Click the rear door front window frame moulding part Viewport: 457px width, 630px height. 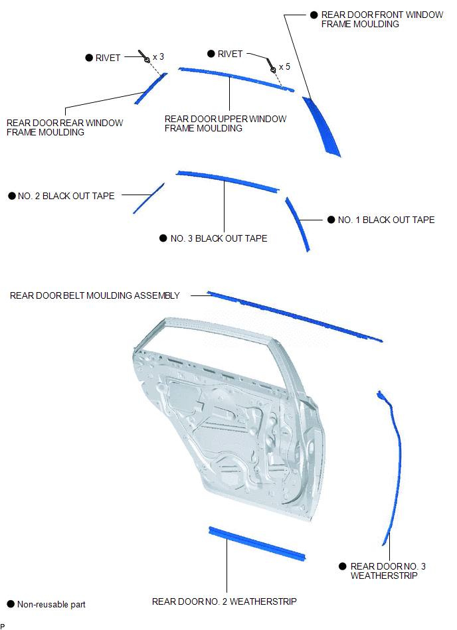[321, 127]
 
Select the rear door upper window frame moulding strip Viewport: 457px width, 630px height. [236, 78]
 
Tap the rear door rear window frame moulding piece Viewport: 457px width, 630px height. [151, 88]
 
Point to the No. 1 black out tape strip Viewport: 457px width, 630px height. [298, 224]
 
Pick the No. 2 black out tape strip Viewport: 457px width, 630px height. [149, 198]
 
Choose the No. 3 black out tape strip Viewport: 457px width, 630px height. [227, 181]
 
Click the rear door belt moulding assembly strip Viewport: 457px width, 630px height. [295, 316]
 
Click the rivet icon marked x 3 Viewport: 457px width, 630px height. [144, 56]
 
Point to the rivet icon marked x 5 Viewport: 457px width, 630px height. [271, 66]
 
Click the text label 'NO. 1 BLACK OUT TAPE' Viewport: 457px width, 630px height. [387, 220]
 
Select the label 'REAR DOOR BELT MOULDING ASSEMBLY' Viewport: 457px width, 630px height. [95, 295]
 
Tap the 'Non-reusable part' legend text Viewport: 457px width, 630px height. [51, 604]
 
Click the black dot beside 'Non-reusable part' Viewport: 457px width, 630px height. [11, 604]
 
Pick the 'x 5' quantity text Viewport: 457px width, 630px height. [284, 66]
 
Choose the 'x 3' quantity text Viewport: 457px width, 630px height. [158, 57]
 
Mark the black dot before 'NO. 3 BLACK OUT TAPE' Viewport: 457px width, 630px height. [163, 238]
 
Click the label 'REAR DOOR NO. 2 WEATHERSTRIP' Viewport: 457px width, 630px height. [225, 601]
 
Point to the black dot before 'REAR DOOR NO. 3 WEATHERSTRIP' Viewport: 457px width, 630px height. [343, 566]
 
